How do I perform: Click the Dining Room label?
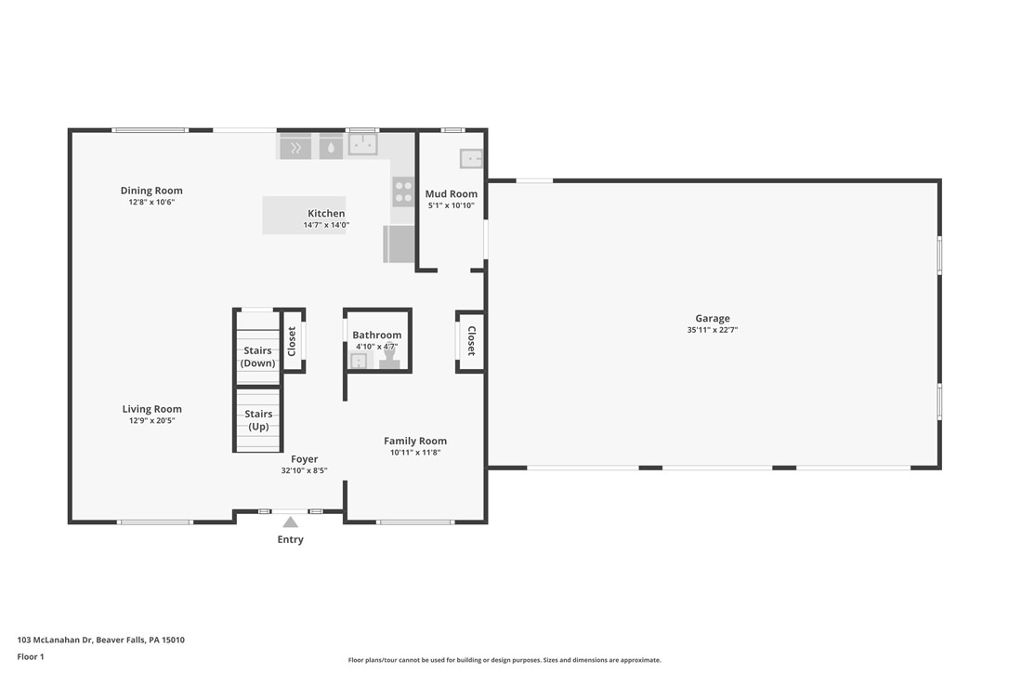pyautogui.click(x=151, y=191)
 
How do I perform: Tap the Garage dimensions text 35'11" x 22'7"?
pyautogui.click(x=713, y=330)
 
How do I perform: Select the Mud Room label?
pyautogui.click(x=452, y=194)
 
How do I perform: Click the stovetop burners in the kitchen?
pyautogui.click(x=403, y=191)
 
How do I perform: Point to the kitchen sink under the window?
pyautogui.click(x=363, y=143)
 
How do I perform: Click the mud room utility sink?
pyautogui.click(x=471, y=158)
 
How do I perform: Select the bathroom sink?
pyautogui.click(x=358, y=361)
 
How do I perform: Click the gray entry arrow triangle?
pyautogui.click(x=290, y=522)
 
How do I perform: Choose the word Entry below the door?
pyautogui.click(x=290, y=540)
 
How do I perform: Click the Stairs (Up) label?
pyautogui.click(x=258, y=420)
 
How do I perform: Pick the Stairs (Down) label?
pyautogui.click(x=257, y=357)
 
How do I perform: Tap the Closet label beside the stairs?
pyautogui.click(x=292, y=341)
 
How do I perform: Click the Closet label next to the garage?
pyautogui.click(x=471, y=341)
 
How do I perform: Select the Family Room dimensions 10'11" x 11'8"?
pyautogui.click(x=415, y=452)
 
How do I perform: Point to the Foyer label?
pyautogui.click(x=305, y=459)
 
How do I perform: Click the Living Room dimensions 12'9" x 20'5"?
pyautogui.click(x=151, y=420)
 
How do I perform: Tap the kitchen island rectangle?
pyautogui.click(x=304, y=215)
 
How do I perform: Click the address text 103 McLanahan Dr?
pyautogui.click(x=55, y=640)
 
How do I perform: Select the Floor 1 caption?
pyautogui.click(x=31, y=657)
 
